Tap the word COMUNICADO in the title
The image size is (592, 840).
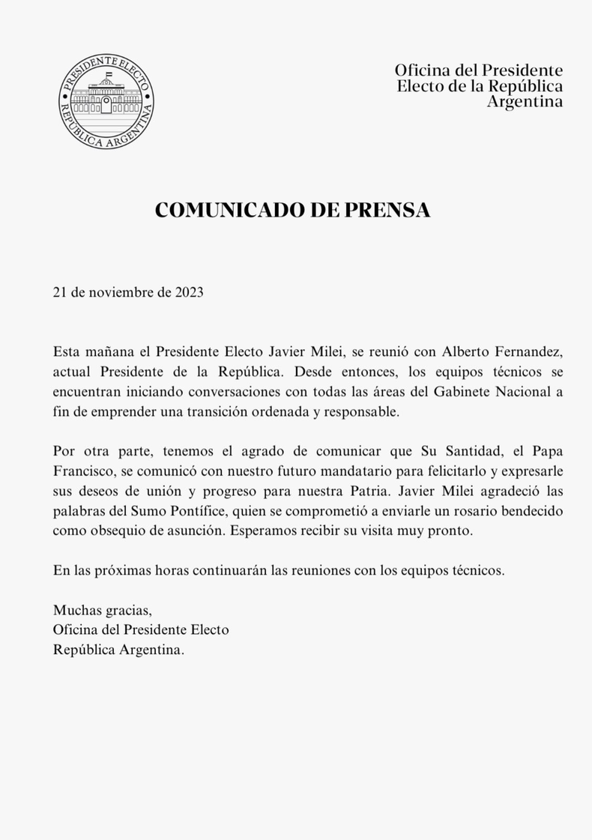223,211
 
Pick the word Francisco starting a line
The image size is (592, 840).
81,472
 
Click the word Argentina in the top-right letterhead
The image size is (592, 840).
525,101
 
